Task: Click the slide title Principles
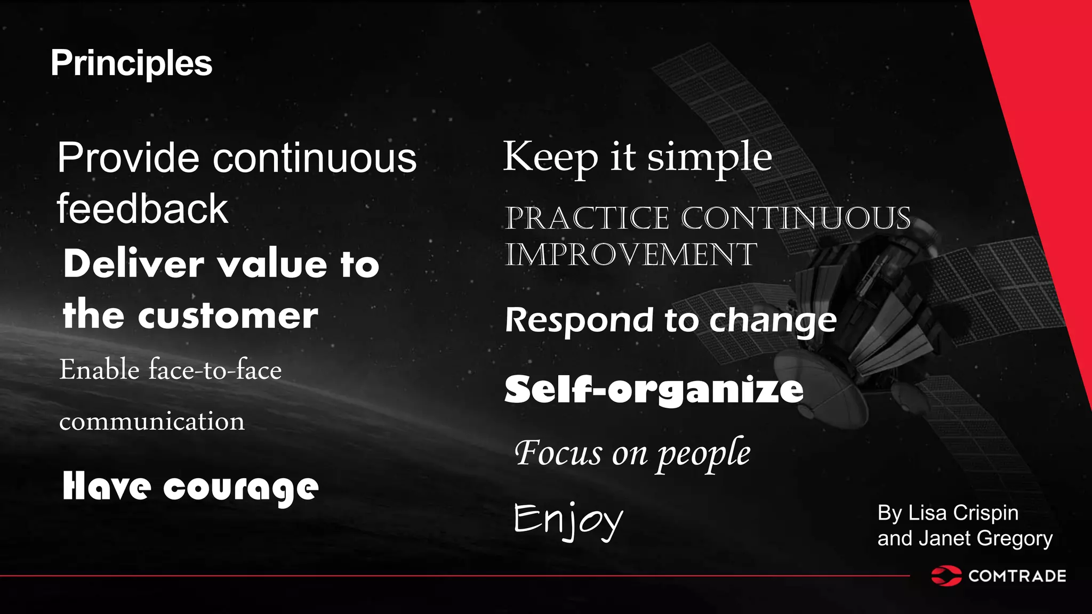coord(131,63)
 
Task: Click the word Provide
coord(129,158)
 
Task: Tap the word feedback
coord(142,208)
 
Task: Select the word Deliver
coord(134,264)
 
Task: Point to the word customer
coord(228,316)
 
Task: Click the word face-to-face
coord(215,369)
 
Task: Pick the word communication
coord(152,421)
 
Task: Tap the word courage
coord(240,488)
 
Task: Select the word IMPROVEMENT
coord(631,254)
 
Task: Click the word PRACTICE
coord(587,218)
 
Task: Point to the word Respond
coord(579,320)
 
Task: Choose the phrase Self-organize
coord(654,390)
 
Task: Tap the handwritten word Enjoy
coord(568,520)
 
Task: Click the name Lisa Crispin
coord(963,513)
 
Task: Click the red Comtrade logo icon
coord(946,576)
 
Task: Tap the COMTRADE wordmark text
coord(1017,576)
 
